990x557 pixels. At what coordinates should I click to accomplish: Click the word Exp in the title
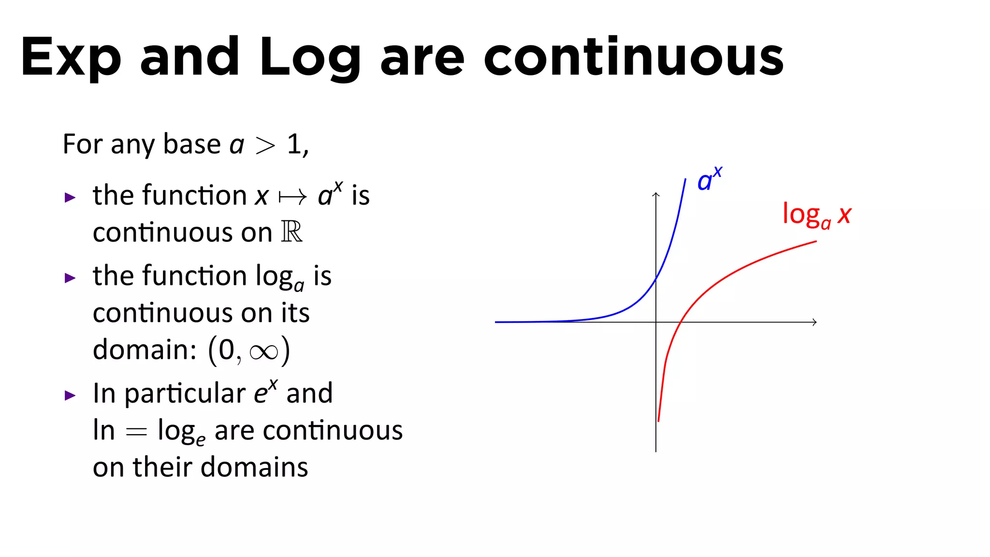tap(71, 57)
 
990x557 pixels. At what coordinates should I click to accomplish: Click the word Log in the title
tap(309, 57)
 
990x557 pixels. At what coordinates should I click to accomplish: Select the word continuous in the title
tap(633, 57)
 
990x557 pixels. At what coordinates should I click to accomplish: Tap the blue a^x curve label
tap(709, 179)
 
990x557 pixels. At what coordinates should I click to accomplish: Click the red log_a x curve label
tap(816, 215)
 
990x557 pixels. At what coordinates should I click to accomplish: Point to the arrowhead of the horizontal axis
tap(815, 322)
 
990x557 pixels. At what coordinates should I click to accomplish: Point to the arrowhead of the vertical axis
tap(656, 194)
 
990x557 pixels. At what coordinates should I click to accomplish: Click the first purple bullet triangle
tap(70, 197)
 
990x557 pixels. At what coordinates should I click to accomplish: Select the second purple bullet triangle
tap(70, 278)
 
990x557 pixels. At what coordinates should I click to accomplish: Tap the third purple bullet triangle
tap(70, 396)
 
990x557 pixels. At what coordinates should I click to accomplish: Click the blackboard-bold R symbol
tap(291, 232)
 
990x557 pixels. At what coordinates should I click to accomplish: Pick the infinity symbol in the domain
tap(264, 352)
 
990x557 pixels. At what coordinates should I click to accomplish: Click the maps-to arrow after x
tap(292, 197)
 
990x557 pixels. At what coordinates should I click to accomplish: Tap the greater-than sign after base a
tap(265, 146)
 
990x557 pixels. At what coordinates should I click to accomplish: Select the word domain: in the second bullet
tap(145, 349)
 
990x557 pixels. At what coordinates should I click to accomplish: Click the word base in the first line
tap(192, 144)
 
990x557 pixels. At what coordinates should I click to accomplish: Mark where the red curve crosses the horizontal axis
tap(680, 322)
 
